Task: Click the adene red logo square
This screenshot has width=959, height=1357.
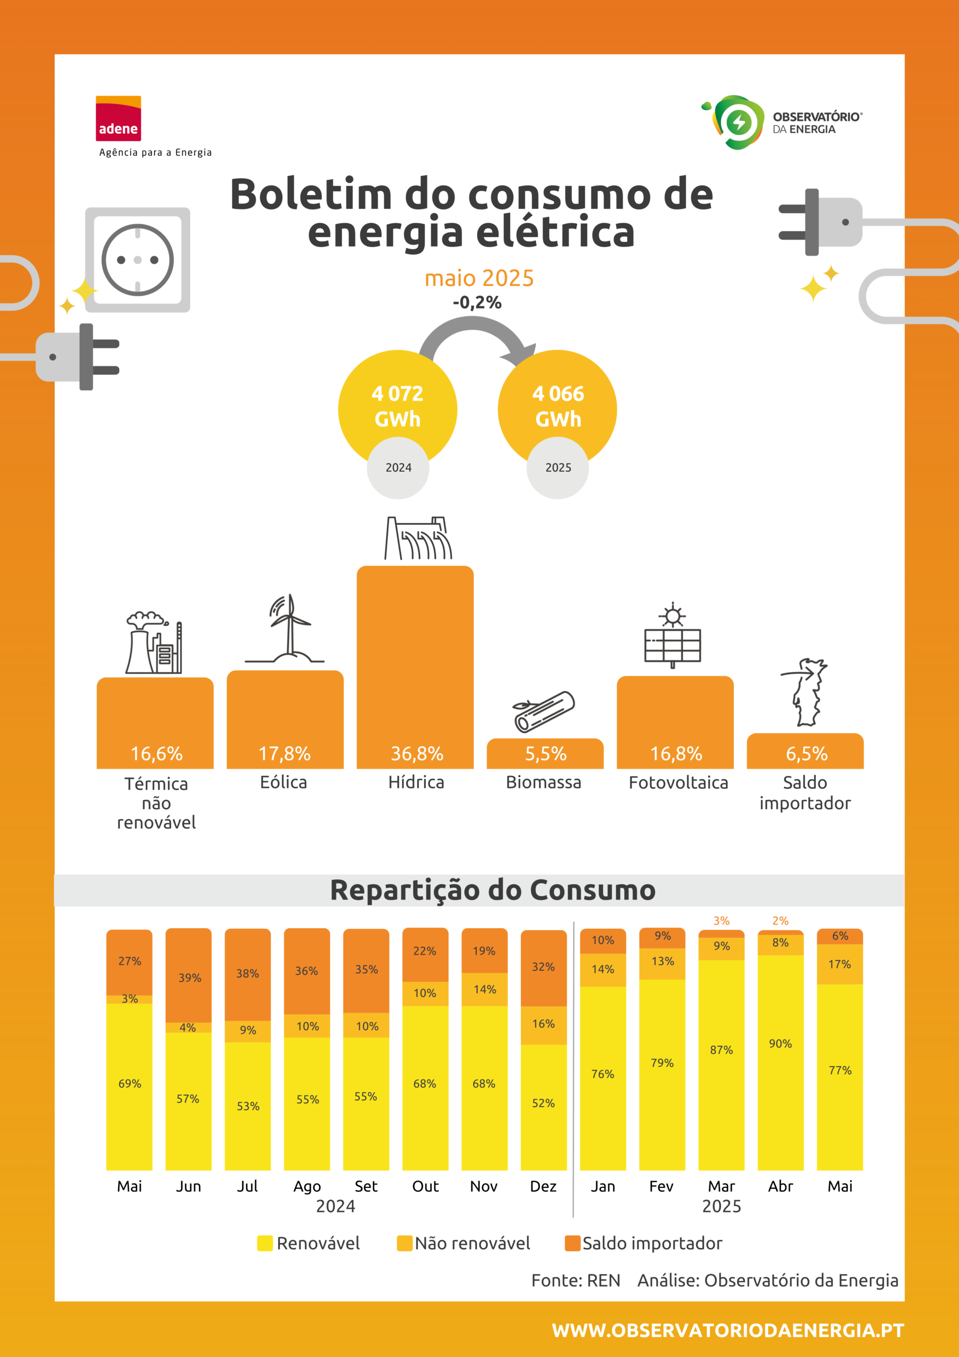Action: (x=118, y=118)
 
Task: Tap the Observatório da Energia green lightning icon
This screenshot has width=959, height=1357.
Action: (x=739, y=122)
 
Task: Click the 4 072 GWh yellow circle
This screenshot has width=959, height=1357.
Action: (x=398, y=408)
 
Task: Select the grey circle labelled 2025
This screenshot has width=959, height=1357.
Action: (x=558, y=468)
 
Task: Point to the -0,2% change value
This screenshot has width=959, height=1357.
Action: (x=477, y=303)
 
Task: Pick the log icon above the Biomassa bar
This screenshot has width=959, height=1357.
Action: (x=544, y=711)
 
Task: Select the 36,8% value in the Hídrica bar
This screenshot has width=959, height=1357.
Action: (x=417, y=754)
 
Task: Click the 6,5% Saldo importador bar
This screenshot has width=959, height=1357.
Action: (x=805, y=751)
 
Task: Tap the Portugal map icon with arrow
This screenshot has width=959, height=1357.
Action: (x=805, y=692)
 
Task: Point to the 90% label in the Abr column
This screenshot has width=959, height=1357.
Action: (x=780, y=1044)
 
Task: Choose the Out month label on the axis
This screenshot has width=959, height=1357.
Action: (x=425, y=1186)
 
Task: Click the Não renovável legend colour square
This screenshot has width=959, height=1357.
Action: (x=405, y=1243)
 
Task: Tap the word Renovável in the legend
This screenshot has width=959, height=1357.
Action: (x=318, y=1243)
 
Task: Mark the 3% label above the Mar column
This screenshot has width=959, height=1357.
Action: (x=722, y=921)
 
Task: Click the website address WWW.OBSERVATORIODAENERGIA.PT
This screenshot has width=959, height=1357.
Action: (x=728, y=1330)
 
